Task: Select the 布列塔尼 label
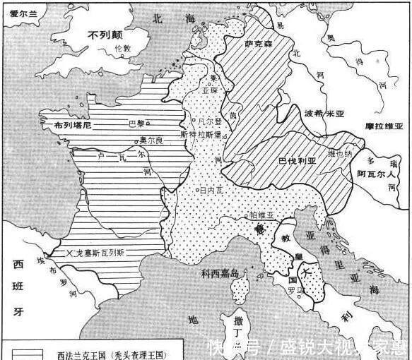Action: point(72,126)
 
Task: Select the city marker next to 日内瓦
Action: point(198,189)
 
